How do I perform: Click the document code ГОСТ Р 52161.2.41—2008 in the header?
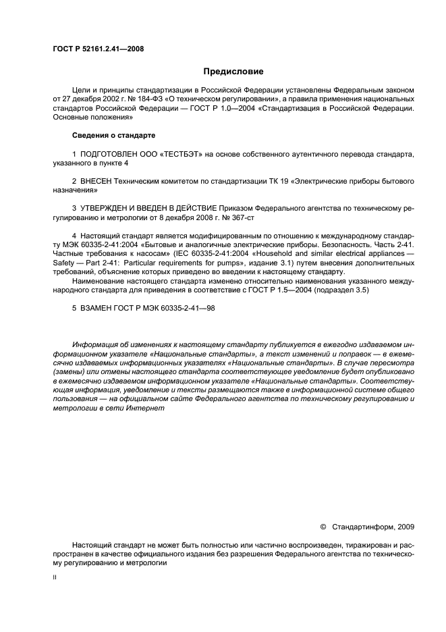click(x=98, y=49)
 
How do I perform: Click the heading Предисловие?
click(x=233, y=71)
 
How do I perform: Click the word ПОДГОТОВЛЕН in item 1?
click(x=111, y=155)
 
